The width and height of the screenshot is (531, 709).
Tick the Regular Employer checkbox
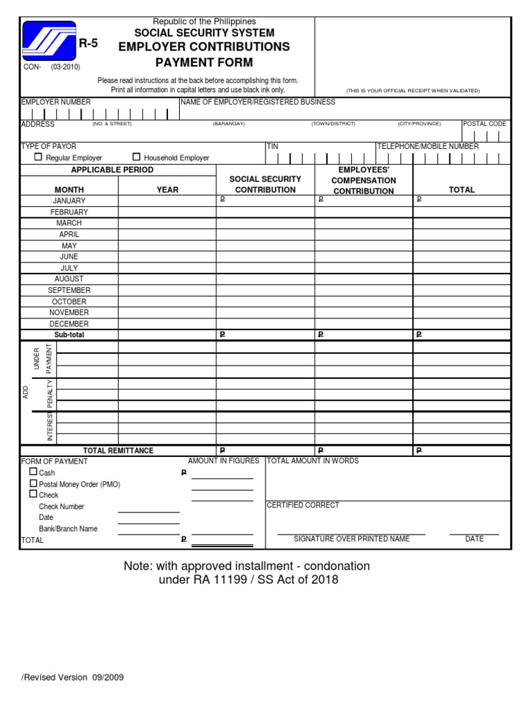[39, 157]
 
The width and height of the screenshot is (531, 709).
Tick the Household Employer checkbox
[136, 157]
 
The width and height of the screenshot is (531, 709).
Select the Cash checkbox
[32, 472]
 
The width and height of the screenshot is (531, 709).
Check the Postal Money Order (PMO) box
[32, 483]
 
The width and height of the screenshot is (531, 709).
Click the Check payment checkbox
[32, 494]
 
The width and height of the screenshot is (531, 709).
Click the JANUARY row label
[69, 201]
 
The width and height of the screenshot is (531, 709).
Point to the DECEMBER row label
[69, 324]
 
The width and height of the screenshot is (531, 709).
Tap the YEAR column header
[167, 190]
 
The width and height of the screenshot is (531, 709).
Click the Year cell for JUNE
[167, 257]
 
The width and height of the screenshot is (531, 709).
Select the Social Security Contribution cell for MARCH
[265, 224]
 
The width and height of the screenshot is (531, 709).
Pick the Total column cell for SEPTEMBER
[462, 291]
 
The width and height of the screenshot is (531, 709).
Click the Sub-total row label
[69, 334]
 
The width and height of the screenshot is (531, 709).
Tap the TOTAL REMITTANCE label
[118, 451]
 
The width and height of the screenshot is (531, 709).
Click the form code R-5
[88, 44]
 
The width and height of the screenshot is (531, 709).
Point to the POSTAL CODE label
[485, 124]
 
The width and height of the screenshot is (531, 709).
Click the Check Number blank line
[149, 511]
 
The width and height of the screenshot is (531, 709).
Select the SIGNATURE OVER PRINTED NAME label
[351, 539]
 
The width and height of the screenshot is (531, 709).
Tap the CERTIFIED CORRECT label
[303, 505]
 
